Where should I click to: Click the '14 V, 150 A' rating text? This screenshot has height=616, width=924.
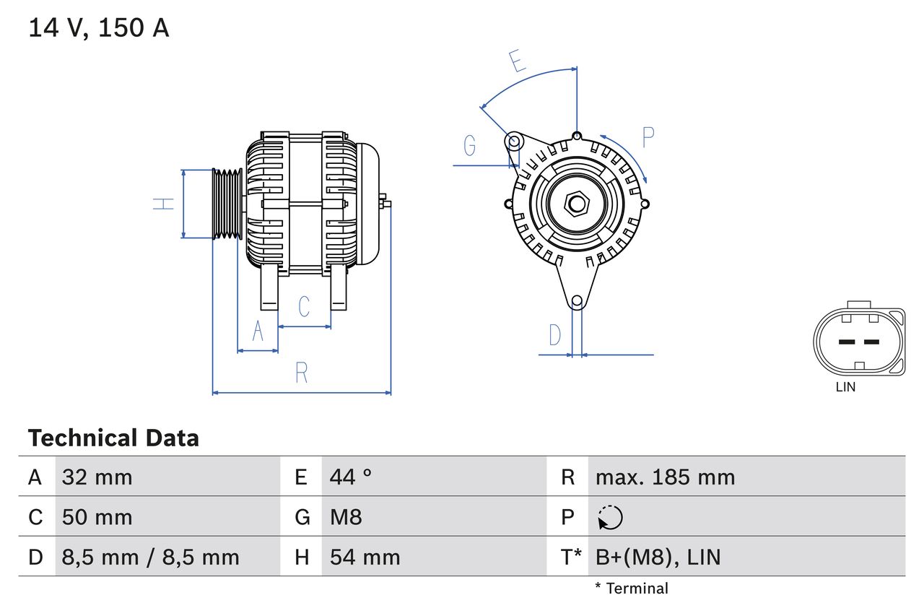(x=99, y=28)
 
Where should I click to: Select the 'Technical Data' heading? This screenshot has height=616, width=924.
(x=113, y=438)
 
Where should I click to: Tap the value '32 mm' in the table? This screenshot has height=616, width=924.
(x=97, y=477)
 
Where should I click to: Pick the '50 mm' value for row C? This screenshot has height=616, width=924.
(x=97, y=517)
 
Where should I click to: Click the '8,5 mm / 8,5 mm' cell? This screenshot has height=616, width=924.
(x=150, y=557)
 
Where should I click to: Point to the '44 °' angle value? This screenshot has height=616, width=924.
(x=351, y=477)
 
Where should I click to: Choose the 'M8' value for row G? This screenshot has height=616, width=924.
(x=346, y=517)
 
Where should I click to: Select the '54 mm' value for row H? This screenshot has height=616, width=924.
(x=365, y=557)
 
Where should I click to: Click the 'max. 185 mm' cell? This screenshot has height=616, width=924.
(x=665, y=477)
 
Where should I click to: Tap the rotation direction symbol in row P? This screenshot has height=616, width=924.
(x=610, y=517)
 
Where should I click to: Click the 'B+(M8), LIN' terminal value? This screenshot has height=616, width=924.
(x=658, y=557)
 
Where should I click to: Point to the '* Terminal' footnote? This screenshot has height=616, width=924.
(x=632, y=589)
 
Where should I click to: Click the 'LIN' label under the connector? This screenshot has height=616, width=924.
(x=845, y=387)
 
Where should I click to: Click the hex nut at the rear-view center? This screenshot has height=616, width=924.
(x=576, y=204)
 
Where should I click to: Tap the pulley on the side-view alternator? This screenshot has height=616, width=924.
(x=227, y=204)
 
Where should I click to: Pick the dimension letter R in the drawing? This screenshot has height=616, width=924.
(x=302, y=373)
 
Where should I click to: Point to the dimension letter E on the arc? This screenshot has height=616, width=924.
(x=517, y=62)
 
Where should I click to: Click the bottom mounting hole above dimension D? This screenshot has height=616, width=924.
(x=577, y=301)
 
